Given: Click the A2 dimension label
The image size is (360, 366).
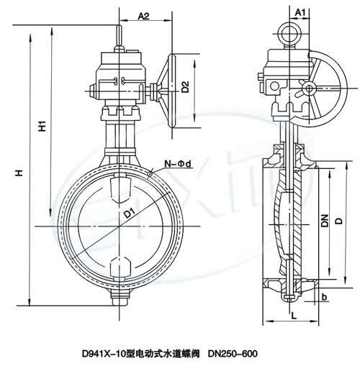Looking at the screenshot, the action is pos(143,16).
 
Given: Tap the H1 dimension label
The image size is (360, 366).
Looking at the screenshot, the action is pos(42,126).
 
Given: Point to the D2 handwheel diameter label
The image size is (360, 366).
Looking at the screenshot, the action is pos(185,87).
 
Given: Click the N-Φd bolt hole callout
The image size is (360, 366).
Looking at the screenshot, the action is pos(178,164).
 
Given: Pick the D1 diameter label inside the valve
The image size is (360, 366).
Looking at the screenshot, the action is pos(130,213).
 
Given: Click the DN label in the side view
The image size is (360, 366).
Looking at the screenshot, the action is pos(325,221).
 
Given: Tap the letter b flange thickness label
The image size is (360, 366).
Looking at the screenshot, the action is pos(324,298).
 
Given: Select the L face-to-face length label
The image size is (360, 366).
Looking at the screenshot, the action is pos(294,316).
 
